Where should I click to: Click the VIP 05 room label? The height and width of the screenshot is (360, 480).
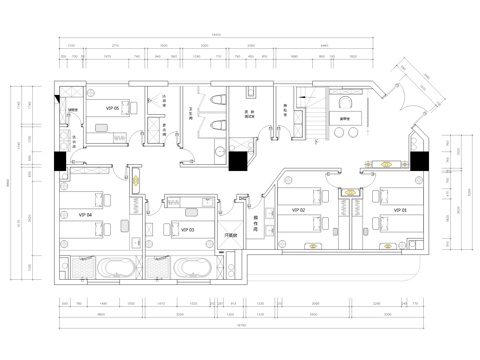pyautogui.click(x=112, y=108)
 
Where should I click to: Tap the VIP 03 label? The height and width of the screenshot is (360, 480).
pyautogui.click(x=187, y=229)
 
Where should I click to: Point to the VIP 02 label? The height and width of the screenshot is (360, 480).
pyautogui.click(x=297, y=211)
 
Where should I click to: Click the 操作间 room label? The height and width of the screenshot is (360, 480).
pyautogui.click(x=258, y=225)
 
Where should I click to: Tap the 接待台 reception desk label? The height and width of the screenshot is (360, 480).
pyautogui.click(x=350, y=119)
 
